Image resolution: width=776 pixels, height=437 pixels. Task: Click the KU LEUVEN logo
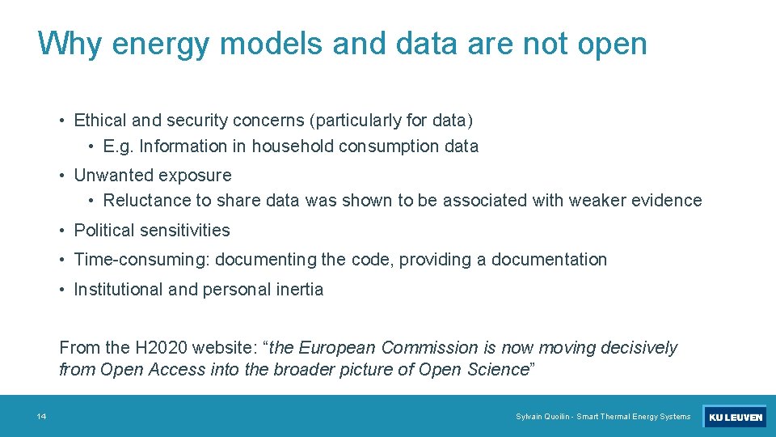[734, 417]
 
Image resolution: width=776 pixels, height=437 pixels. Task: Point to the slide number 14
[41, 417]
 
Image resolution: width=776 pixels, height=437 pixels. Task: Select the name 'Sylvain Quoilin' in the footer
[543, 417]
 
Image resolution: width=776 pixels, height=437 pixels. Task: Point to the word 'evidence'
[668, 201]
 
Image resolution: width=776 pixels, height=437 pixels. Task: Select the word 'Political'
[108, 231]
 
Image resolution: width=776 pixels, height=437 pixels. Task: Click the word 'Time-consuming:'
[141, 260]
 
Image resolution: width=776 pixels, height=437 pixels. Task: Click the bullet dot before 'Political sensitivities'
[62, 231]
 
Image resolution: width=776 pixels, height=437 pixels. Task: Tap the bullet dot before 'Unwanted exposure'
[62, 176]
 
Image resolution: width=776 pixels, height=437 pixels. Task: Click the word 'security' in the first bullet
[197, 121]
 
